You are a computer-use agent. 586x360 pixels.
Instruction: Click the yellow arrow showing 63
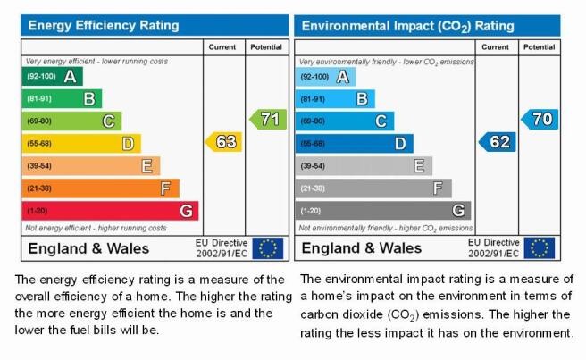coord(223,142)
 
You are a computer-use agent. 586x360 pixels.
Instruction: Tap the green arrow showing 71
coord(268,119)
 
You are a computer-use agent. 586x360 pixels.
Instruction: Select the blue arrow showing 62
coord(497,142)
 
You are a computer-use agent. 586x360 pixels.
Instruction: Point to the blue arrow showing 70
coord(540,119)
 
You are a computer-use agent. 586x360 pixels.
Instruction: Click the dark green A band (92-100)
coord(53,76)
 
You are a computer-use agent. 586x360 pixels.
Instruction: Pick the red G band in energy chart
coord(110,211)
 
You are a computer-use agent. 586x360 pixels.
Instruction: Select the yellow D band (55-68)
coord(81,144)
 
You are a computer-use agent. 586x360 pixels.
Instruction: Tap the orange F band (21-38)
coord(101,188)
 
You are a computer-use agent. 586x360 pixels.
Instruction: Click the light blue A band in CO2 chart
coord(325,77)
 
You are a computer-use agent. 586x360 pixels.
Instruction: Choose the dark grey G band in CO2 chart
coord(383,211)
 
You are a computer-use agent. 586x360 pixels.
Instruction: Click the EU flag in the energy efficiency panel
coord(268,248)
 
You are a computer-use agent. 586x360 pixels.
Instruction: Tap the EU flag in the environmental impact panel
coord(540,248)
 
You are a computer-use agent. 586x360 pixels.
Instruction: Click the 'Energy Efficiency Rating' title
coord(104,25)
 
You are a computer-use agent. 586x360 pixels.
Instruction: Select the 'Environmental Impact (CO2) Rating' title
coord(407,26)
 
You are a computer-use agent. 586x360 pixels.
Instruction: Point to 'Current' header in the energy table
coord(222,47)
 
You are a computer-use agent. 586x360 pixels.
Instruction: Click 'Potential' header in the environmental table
coord(539,47)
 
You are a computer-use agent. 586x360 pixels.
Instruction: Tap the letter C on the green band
coord(109,121)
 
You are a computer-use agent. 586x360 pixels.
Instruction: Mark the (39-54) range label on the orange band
coord(39,166)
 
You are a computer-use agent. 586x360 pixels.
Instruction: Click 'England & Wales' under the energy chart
coord(88,248)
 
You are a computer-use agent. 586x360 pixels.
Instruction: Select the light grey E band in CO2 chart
coord(364,166)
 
